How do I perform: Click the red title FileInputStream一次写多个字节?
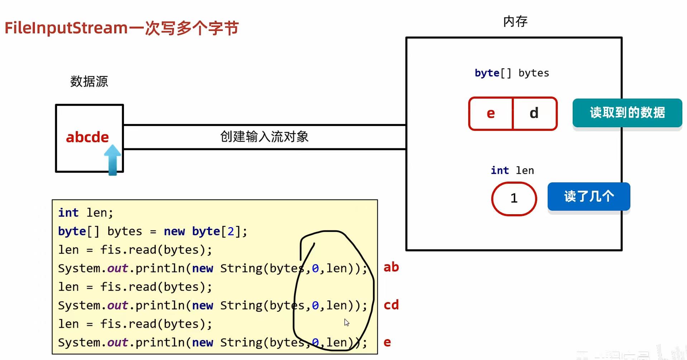[x=121, y=28]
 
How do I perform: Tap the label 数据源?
[x=89, y=81]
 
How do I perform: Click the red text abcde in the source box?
[x=87, y=137]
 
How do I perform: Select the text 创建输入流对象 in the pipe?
[x=264, y=136]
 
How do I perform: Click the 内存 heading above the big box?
[x=515, y=21]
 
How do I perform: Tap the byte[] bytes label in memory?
[x=512, y=73]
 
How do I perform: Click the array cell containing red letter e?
[x=491, y=113]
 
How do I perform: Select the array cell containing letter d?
[x=534, y=113]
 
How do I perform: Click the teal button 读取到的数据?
[x=627, y=112]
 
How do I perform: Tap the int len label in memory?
[x=512, y=171]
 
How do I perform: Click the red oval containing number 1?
[x=514, y=198]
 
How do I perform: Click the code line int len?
[x=86, y=213]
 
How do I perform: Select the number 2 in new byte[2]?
[x=231, y=231]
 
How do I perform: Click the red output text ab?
[x=391, y=267]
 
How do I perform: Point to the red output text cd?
[x=391, y=305]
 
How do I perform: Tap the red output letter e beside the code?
[x=387, y=342]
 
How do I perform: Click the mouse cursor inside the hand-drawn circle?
[x=347, y=322]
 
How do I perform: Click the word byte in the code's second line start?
[x=72, y=231]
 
